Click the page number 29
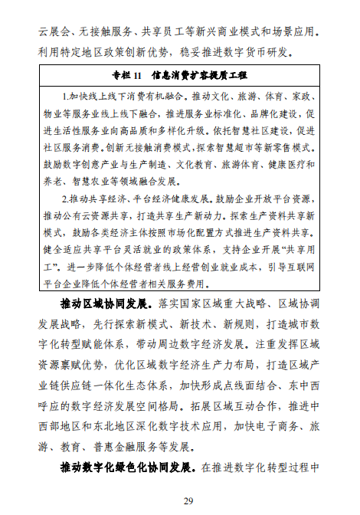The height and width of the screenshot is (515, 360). (x=180, y=500)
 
